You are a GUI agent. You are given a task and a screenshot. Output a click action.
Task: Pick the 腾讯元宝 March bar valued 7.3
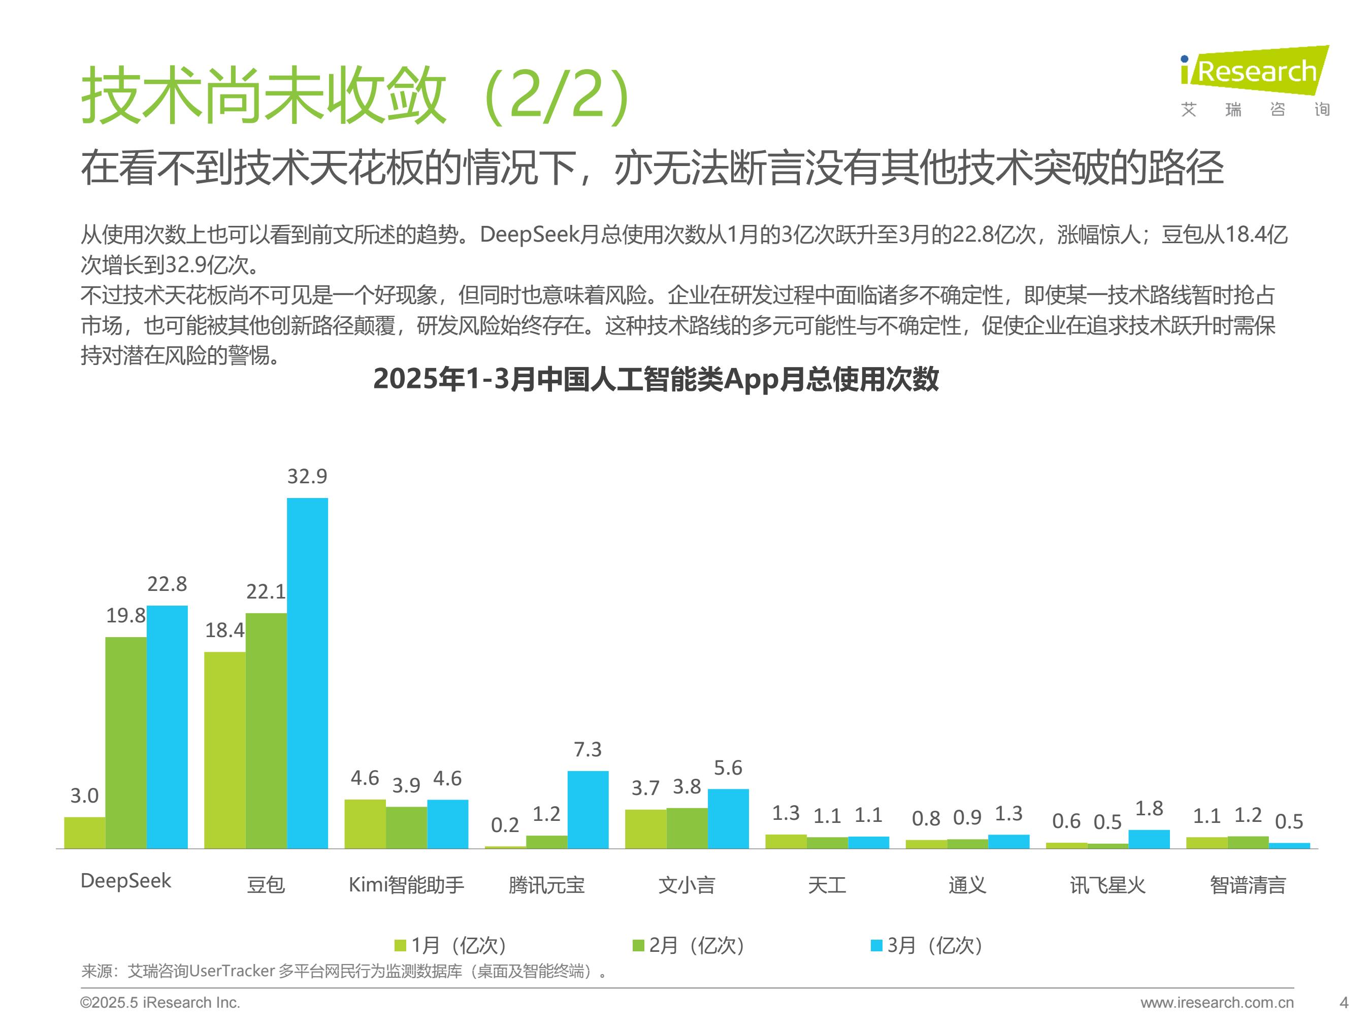(587, 809)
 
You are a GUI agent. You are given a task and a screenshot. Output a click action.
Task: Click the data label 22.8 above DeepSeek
(167, 584)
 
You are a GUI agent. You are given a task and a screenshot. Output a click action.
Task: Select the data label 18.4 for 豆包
(224, 630)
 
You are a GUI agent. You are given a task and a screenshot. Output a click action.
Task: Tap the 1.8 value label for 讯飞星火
(1149, 808)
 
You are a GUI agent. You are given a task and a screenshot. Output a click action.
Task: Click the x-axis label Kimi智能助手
(406, 884)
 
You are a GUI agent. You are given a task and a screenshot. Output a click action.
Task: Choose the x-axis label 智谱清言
(1248, 884)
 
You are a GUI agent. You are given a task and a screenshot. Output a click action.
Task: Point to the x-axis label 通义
(967, 884)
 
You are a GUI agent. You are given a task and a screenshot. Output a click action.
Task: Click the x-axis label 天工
(827, 884)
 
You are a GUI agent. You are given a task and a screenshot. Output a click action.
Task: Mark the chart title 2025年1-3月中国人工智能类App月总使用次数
(656, 379)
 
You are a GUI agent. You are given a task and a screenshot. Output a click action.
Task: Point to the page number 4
(1344, 1002)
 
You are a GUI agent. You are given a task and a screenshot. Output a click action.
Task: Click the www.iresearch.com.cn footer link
(1217, 1002)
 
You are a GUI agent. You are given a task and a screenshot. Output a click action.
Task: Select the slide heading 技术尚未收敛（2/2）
(356, 96)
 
